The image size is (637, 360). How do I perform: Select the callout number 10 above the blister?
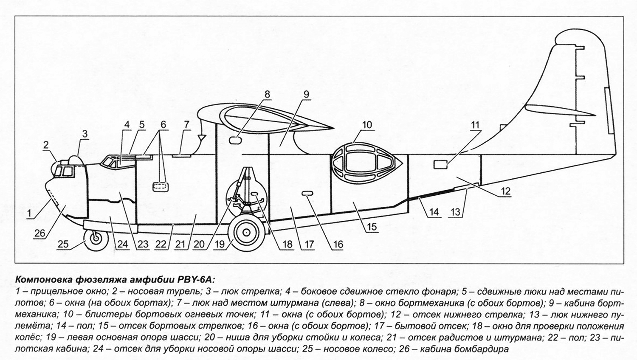[x=367, y=125]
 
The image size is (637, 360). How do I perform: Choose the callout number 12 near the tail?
[x=505, y=191]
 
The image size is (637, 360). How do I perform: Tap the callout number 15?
[x=372, y=227]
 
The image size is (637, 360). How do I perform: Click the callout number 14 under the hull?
[x=434, y=211]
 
